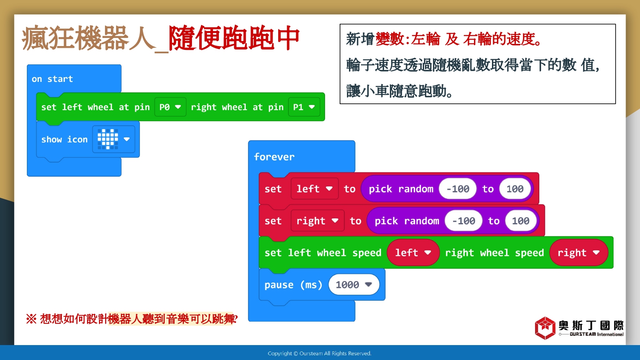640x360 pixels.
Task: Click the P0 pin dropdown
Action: click(170, 107)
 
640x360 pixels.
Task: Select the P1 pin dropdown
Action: click(304, 107)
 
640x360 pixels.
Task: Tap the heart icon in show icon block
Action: click(108, 139)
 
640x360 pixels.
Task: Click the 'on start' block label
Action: click(52, 79)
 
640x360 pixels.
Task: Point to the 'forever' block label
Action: click(274, 157)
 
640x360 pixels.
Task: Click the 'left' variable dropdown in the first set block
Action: click(314, 189)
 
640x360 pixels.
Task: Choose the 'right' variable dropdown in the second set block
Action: click(317, 221)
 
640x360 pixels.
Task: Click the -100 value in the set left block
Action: click(458, 189)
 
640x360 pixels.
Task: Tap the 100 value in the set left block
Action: click(515, 189)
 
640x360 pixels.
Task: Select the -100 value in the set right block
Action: click(463, 221)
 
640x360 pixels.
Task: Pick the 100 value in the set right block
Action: click(521, 221)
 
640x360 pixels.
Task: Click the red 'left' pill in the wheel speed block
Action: click(413, 253)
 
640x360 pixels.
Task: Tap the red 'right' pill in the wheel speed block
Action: click(579, 253)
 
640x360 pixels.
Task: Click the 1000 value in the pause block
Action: click(354, 285)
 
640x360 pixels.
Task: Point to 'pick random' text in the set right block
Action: click(407, 221)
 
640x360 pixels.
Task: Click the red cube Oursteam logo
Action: click(545, 328)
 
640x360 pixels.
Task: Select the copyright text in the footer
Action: click(320, 354)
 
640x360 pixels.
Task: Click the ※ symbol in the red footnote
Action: click(32, 319)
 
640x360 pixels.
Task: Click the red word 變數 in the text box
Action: click(389, 39)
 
